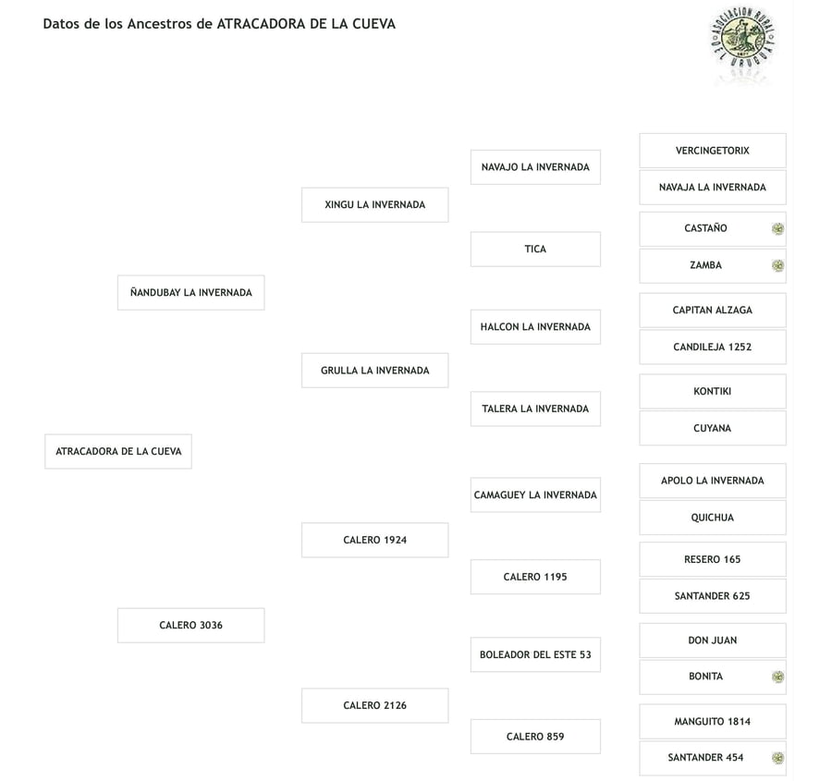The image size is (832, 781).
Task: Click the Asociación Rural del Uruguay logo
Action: pos(743,38)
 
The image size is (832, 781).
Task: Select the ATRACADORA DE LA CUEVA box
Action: pos(118,452)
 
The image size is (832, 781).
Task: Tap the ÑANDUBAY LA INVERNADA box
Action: pos(191,292)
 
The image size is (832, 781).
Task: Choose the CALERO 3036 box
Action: pos(191,626)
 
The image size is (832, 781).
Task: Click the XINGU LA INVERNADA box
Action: pos(375,205)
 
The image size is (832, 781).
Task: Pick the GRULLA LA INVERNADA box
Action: pos(375,371)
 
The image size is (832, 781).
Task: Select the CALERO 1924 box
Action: pos(375,540)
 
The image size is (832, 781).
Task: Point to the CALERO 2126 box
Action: pos(375,705)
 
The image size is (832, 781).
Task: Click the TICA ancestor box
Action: pos(535,250)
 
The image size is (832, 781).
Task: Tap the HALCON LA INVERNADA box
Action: pos(535,327)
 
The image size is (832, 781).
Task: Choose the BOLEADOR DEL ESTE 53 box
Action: pos(535,654)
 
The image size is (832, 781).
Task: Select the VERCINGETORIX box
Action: pos(713,151)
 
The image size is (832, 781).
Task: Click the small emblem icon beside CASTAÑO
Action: pos(777,228)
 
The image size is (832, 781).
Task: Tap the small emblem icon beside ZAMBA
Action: pos(777,265)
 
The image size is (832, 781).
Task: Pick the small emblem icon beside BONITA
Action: pos(777,677)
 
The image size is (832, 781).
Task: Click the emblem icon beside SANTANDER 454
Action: pos(777,758)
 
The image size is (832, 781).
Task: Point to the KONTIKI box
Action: pos(713,392)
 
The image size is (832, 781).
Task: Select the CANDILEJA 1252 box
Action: pos(713,347)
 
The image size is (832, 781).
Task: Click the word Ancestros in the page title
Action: pos(159,24)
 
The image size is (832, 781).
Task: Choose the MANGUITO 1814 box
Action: pos(713,722)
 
